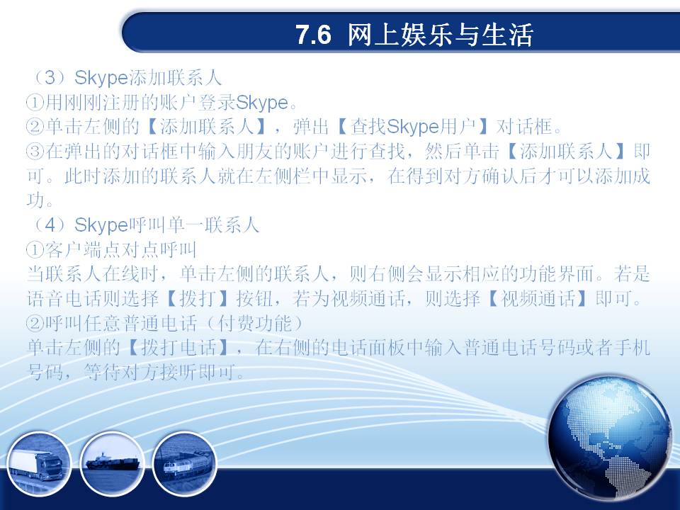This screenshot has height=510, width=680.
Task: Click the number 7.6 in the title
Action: click(314, 35)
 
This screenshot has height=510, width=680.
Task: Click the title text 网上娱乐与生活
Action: click(440, 35)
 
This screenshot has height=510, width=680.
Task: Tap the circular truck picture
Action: click(38, 464)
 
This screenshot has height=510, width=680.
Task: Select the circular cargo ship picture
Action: click(113, 464)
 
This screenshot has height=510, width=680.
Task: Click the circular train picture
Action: click(185, 464)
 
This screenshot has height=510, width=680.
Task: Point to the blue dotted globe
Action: click(610, 438)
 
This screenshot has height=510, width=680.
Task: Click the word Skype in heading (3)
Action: click(101, 79)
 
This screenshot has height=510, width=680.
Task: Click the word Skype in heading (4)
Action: click(101, 225)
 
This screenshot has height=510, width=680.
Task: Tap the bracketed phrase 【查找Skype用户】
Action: click(412, 127)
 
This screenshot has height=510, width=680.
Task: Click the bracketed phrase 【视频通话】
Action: click(538, 298)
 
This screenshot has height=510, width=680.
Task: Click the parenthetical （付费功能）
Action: click(254, 323)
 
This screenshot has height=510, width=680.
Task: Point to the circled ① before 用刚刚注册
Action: click(35, 103)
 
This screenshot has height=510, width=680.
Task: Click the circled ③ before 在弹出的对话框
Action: click(35, 152)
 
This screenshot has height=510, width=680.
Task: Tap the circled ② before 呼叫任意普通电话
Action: click(35, 323)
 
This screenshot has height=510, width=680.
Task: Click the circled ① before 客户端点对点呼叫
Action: click(35, 250)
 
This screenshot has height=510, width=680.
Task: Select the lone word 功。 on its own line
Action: click(40, 200)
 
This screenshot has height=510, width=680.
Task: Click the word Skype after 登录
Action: click(262, 103)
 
